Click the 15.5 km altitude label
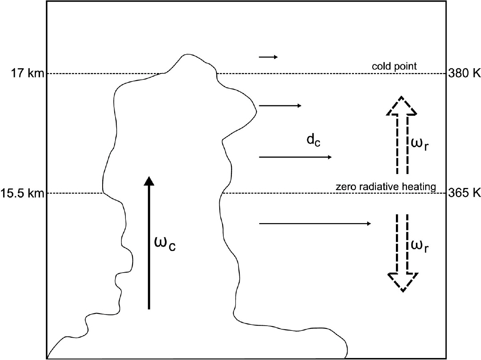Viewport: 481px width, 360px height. coord(22,194)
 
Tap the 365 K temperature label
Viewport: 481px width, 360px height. coord(465,194)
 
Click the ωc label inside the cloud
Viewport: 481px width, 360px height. coord(164,243)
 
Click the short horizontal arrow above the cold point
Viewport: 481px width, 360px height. coord(268,57)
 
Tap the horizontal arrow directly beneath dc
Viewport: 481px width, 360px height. coord(296,157)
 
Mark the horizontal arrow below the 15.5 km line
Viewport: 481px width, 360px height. coord(316,224)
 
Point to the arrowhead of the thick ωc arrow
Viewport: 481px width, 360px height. coord(149,180)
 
